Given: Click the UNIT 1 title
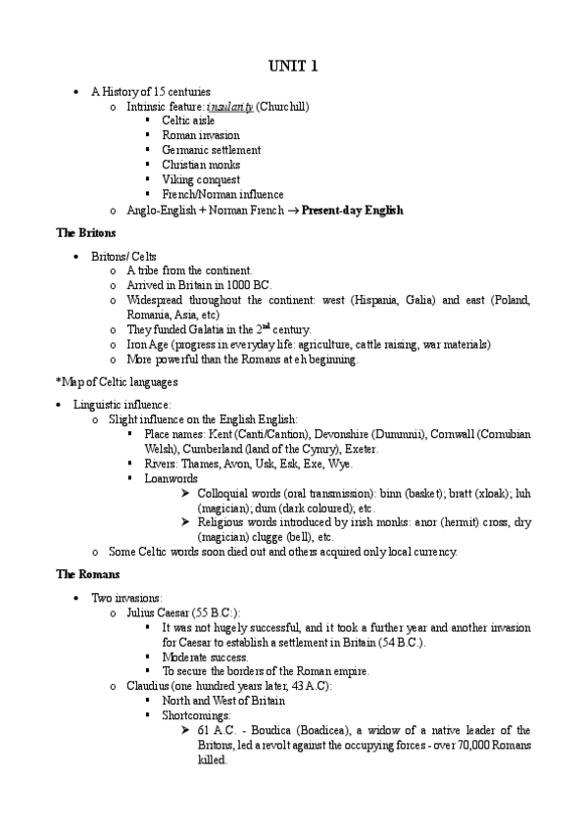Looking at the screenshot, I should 293,67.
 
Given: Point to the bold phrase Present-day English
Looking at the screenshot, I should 352,210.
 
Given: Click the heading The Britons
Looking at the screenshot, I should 86,233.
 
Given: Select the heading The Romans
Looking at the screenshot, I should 88,573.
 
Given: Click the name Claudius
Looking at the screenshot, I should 149,686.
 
